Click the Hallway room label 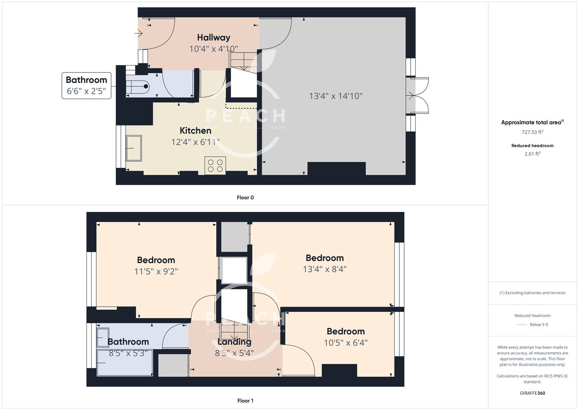[x=213, y=38]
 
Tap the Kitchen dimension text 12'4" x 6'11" [x=195, y=142]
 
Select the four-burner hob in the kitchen [x=215, y=166]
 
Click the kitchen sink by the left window [x=134, y=148]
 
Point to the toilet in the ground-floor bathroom [x=138, y=87]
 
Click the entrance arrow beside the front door [x=138, y=34]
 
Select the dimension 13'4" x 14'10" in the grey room [x=336, y=96]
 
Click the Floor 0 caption [x=245, y=197]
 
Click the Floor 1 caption [x=245, y=401]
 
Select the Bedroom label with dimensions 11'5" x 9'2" [x=156, y=260]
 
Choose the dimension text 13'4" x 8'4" [x=325, y=269]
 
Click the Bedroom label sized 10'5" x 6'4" [x=345, y=331]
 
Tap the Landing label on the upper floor [x=234, y=342]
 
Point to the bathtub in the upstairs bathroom [x=125, y=363]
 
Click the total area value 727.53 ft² [x=532, y=132]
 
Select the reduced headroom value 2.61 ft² [x=532, y=154]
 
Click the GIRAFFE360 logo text [x=532, y=393]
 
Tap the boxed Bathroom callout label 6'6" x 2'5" [x=86, y=85]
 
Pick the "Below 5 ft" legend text [x=539, y=325]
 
